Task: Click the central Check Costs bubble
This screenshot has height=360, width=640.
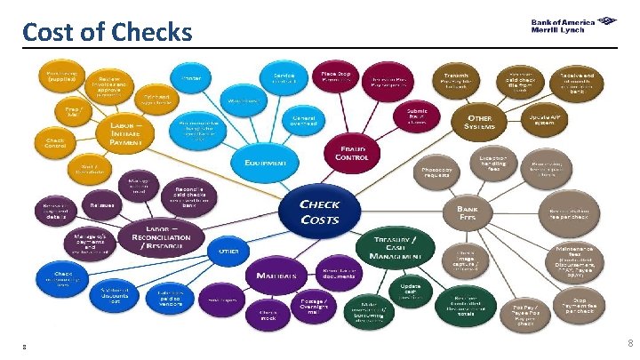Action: point(319,211)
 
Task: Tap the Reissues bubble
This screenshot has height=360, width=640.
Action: point(100,205)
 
